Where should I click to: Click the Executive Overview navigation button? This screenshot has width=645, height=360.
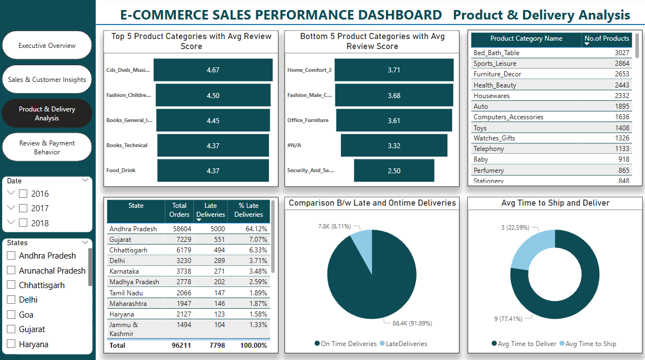click(x=47, y=46)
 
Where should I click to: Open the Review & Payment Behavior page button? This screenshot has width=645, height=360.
click(x=47, y=148)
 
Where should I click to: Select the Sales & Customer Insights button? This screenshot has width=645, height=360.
click(x=47, y=80)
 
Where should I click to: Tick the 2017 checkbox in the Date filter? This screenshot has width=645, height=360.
click(x=23, y=208)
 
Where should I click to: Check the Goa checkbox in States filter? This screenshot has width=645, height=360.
click(x=11, y=315)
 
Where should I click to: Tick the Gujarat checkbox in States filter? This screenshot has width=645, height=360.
click(x=11, y=329)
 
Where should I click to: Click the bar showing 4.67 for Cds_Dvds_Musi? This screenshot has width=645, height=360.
click(x=213, y=70)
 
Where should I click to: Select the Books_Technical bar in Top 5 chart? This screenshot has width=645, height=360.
click(x=213, y=145)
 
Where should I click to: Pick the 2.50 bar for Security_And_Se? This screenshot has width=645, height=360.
click(x=394, y=171)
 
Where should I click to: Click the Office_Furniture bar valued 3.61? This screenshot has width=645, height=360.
click(x=394, y=120)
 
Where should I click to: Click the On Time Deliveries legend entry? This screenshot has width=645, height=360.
click(x=346, y=344)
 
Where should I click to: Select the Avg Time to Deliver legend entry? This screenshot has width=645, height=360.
click(x=524, y=344)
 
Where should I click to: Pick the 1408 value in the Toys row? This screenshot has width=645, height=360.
click(x=622, y=128)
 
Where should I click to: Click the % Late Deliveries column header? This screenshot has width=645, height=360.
click(x=248, y=210)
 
